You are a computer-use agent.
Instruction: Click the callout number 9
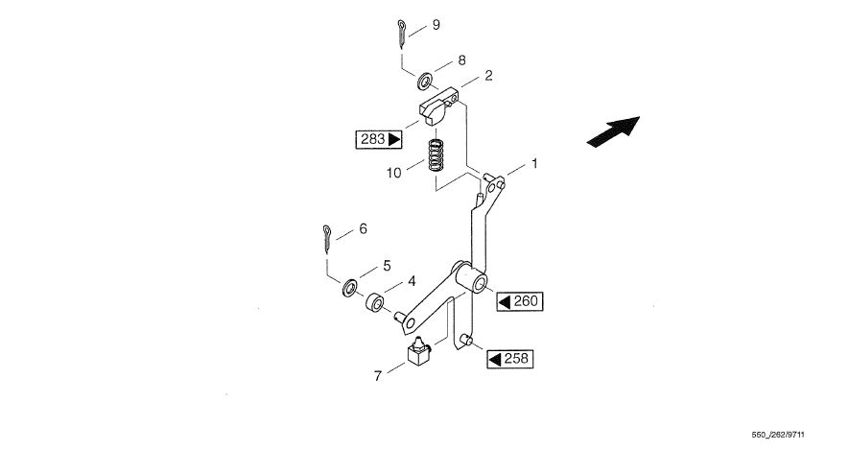pyautogui.click(x=436, y=24)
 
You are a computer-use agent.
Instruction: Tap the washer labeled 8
pyautogui.click(x=424, y=75)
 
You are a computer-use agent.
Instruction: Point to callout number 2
pyautogui.click(x=487, y=75)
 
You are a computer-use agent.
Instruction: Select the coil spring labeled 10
pyautogui.click(x=438, y=154)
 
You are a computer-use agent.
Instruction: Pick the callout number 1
pyautogui.click(x=534, y=164)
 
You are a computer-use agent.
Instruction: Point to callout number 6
pyautogui.click(x=363, y=229)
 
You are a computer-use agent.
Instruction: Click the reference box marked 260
pyautogui.click(x=520, y=301)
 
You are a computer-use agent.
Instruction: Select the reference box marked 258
pyautogui.click(x=509, y=359)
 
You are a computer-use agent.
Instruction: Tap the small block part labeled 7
pyautogui.click(x=418, y=354)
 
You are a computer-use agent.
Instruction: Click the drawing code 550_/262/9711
pyautogui.click(x=799, y=433)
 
